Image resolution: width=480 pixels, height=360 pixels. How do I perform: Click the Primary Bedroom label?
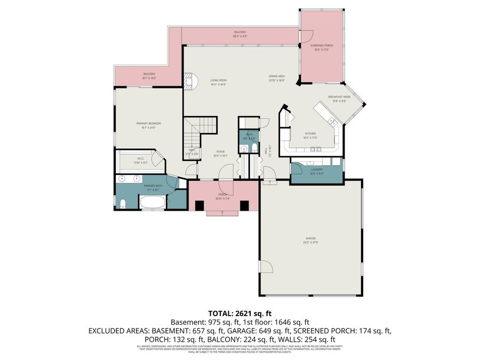(148, 124)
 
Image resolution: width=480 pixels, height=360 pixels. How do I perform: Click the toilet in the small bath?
(254, 148)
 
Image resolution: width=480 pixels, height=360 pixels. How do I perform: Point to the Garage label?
(310, 238)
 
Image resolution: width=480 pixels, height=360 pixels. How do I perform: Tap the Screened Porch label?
(322, 46)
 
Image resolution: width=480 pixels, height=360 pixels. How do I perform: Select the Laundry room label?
(316, 170)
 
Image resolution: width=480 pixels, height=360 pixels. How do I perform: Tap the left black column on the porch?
(199, 206)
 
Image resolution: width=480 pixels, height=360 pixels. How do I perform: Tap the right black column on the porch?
(245, 206)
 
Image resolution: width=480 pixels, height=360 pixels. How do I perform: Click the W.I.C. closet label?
(141, 158)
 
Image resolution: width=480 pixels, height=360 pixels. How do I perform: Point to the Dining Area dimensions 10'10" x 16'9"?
(276, 81)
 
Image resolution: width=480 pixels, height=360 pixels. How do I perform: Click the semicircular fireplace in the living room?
(191, 81)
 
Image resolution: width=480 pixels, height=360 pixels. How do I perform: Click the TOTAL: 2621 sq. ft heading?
(239, 314)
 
